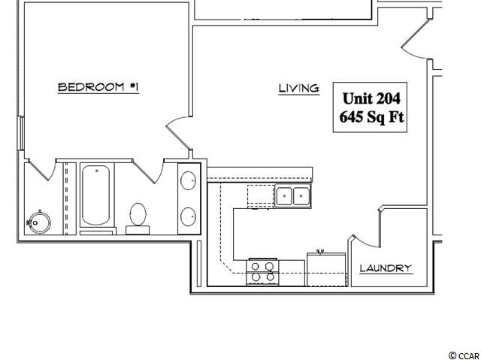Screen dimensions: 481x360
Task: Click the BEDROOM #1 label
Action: tap(98, 87)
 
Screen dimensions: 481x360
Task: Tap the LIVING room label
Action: tap(299, 89)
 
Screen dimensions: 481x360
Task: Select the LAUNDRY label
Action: tap(386, 268)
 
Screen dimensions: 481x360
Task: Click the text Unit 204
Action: tap(371, 98)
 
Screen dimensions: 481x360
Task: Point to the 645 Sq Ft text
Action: tap(371, 117)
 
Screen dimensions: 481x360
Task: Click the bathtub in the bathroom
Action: tap(95, 195)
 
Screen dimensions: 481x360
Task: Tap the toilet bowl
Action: tap(138, 214)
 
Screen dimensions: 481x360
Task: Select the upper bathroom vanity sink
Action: tap(188, 180)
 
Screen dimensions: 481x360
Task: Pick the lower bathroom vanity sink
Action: tap(188, 216)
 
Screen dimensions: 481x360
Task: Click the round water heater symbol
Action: tap(39, 222)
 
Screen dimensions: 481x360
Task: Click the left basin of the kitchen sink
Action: tap(284, 196)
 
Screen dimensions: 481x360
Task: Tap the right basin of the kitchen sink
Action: tap(301, 196)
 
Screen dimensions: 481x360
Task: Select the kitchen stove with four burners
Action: tap(262, 272)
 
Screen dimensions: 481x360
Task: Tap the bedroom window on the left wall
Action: tap(21, 133)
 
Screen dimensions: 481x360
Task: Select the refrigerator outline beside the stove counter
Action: tap(326, 270)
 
